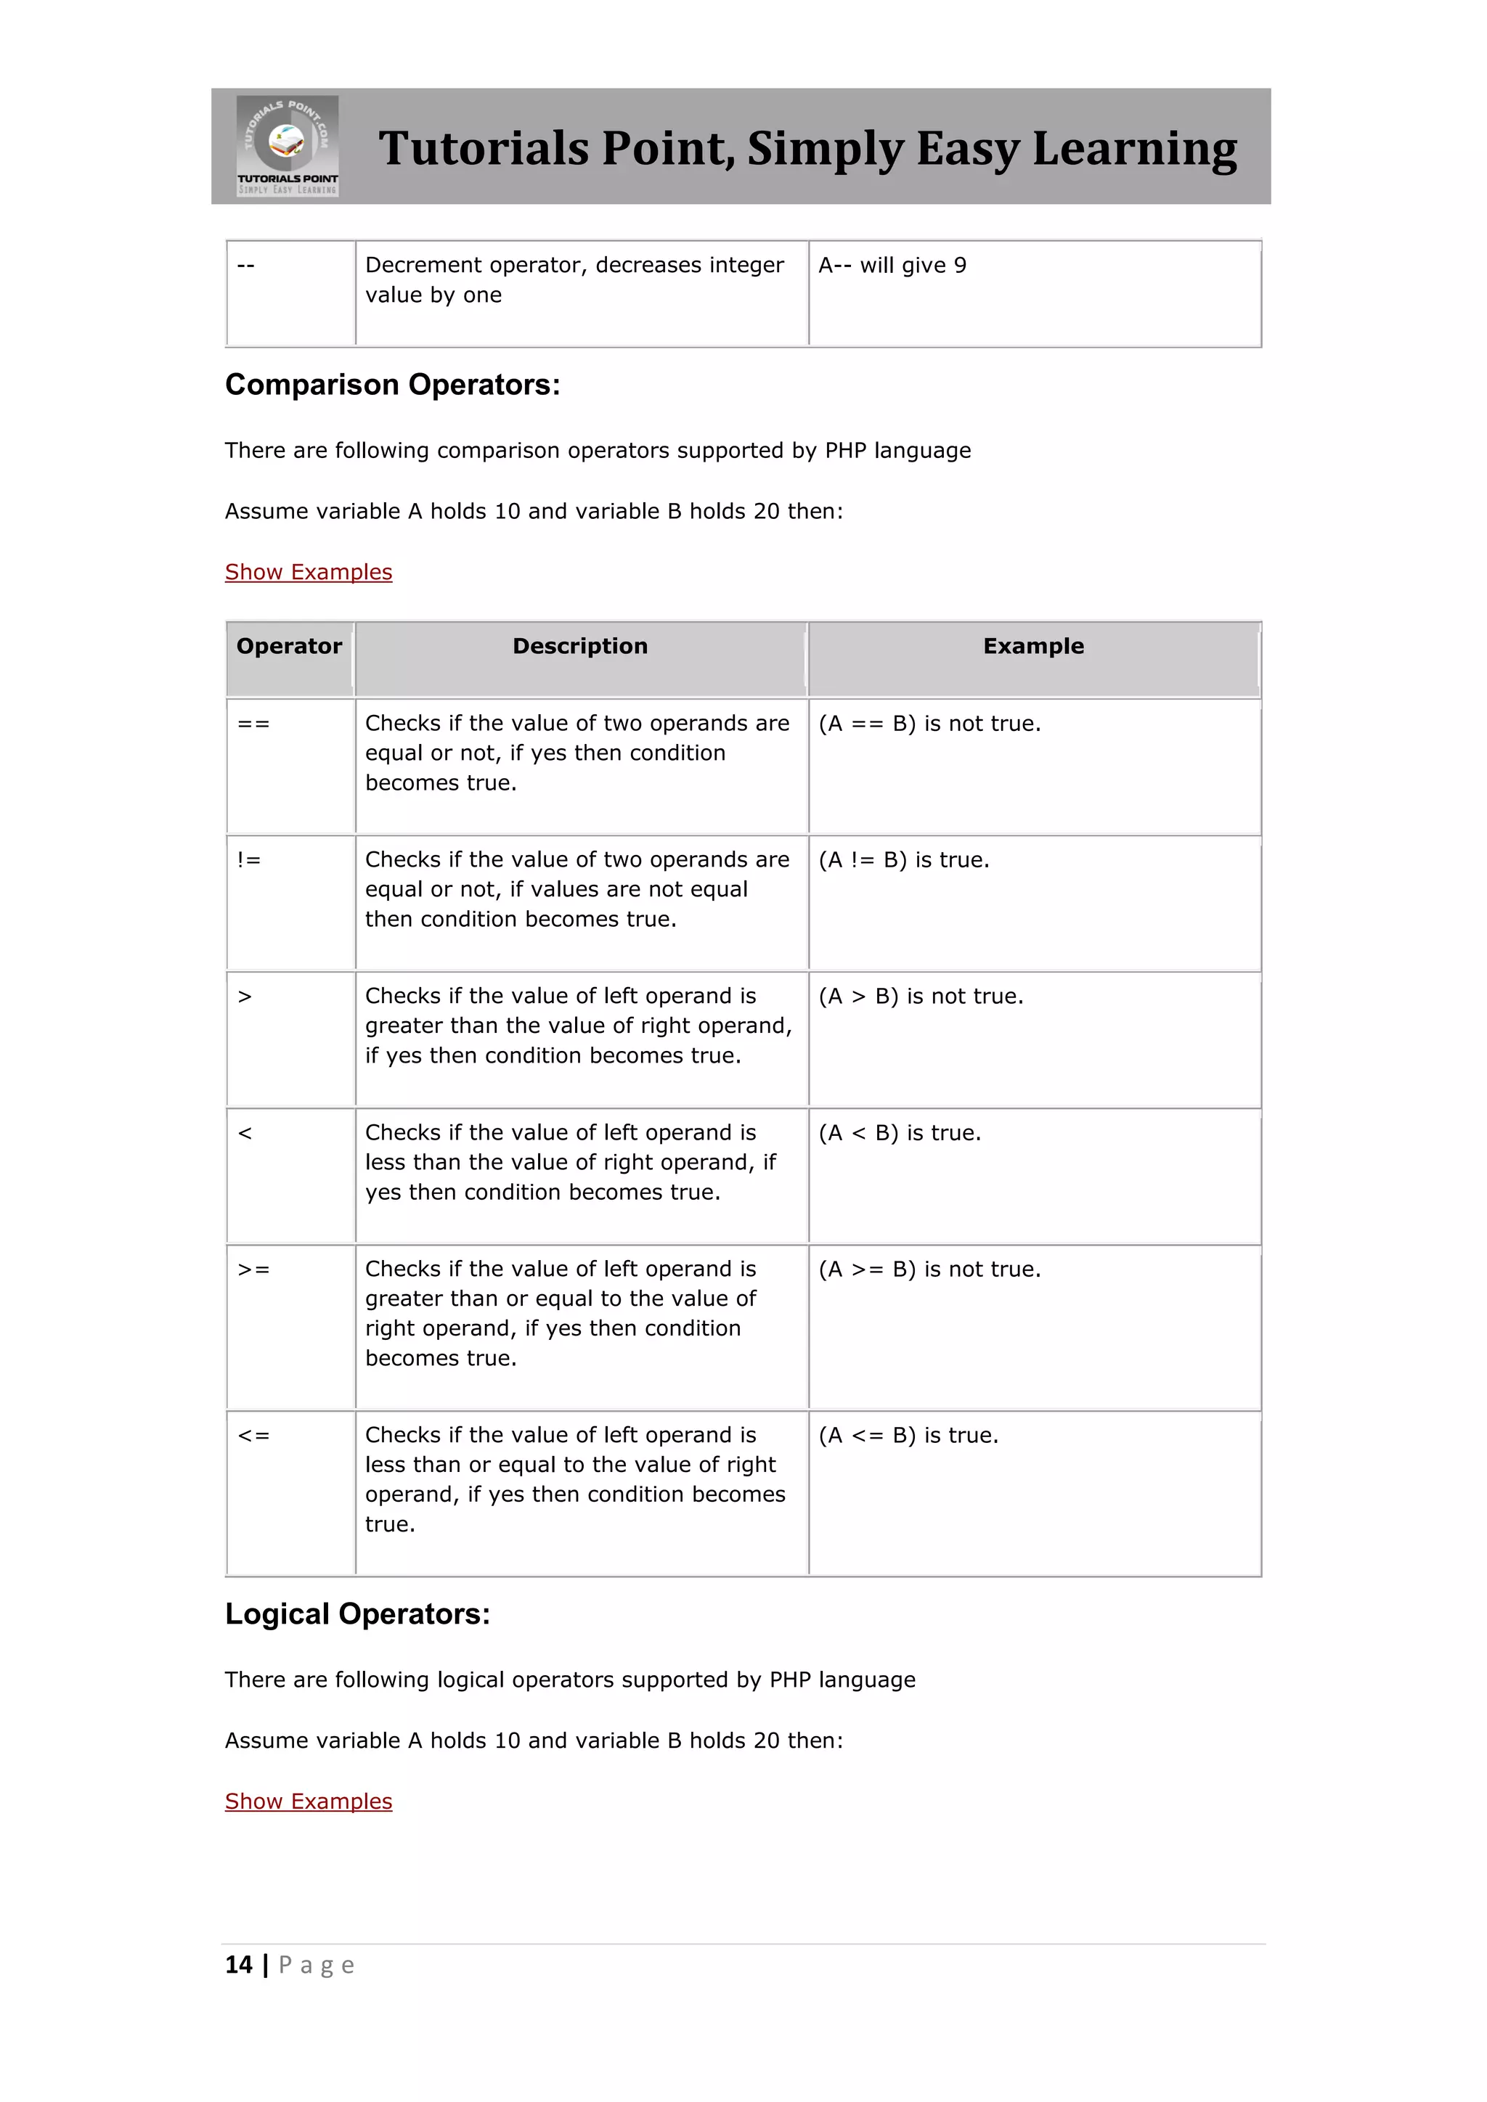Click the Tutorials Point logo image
click(x=288, y=146)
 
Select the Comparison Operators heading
click(x=392, y=385)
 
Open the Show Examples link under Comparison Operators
click(x=309, y=571)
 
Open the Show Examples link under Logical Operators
click(x=309, y=1801)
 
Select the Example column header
click(x=1033, y=646)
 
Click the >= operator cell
click(x=253, y=1269)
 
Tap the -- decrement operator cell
click(x=245, y=266)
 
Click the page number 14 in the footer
click(x=238, y=1965)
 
